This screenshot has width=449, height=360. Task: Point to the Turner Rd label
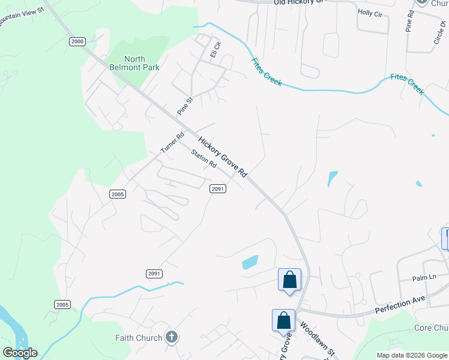tap(172, 142)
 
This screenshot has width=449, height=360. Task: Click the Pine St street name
tap(185, 106)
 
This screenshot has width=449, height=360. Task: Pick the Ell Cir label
tap(215, 49)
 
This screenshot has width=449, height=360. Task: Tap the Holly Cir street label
tap(370, 13)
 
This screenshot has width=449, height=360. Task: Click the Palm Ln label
tap(423, 278)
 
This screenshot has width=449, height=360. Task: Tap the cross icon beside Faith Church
tap(172, 337)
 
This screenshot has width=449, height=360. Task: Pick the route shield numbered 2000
tap(77, 41)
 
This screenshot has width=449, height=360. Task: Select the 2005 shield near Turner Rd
tap(118, 194)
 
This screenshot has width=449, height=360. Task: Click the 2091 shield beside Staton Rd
tap(217, 188)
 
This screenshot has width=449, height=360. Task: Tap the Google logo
tap(20, 353)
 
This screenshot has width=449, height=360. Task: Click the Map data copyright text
tap(411, 355)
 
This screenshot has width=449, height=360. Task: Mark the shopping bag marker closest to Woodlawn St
tap(283, 320)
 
